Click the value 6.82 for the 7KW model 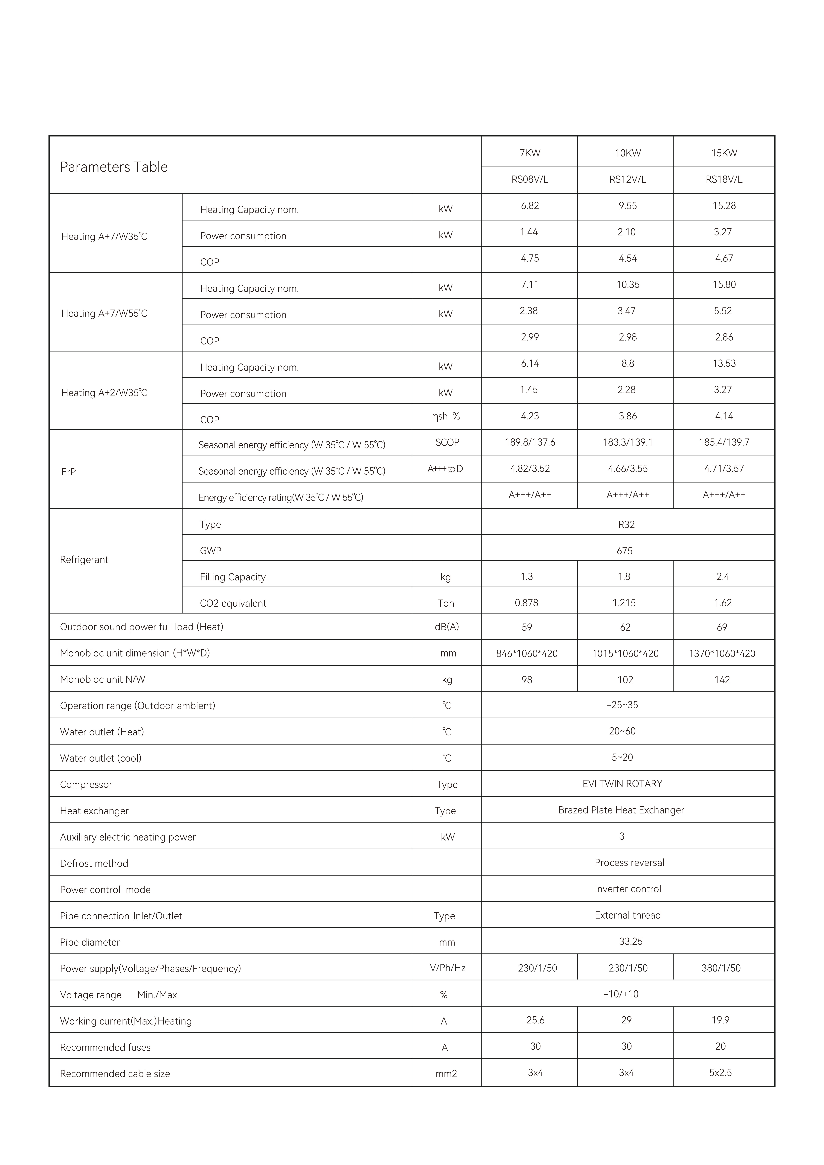530,206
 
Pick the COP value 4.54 628,258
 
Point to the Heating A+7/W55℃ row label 104,313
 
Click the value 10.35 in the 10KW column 628,285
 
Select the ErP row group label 69,472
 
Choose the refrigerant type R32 627,524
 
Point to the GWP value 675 625,550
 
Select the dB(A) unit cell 447,627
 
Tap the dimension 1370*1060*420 722,654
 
